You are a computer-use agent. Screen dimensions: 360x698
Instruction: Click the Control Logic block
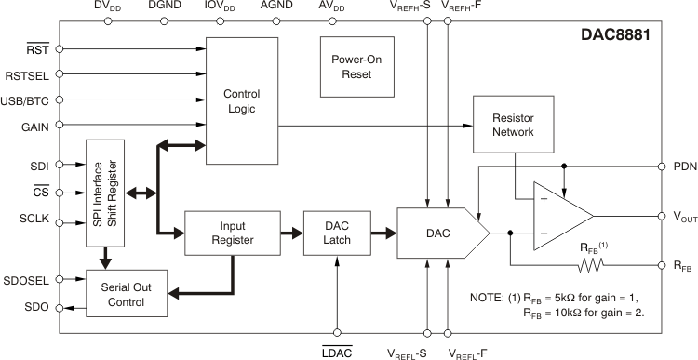[x=241, y=101]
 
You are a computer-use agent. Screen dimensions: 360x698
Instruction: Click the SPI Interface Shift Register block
[x=105, y=193]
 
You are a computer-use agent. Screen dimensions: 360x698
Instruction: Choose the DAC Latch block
[x=336, y=233]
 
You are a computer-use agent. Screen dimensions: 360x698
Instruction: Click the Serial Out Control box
[x=128, y=293]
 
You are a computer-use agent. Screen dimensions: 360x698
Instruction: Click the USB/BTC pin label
[x=27, y=100]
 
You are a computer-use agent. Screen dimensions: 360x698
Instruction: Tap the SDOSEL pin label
[x=25, y=278]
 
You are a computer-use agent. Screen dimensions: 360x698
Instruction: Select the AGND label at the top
[x=275, y=7]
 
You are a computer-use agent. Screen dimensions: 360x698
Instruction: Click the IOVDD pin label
[x=220, y=7]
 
